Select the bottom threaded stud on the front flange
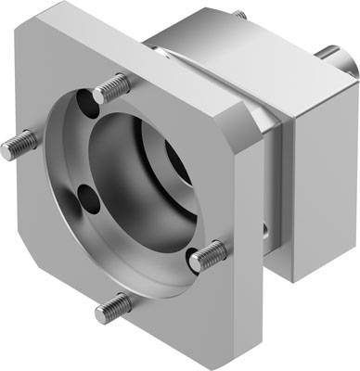click(x=116, y=301)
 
